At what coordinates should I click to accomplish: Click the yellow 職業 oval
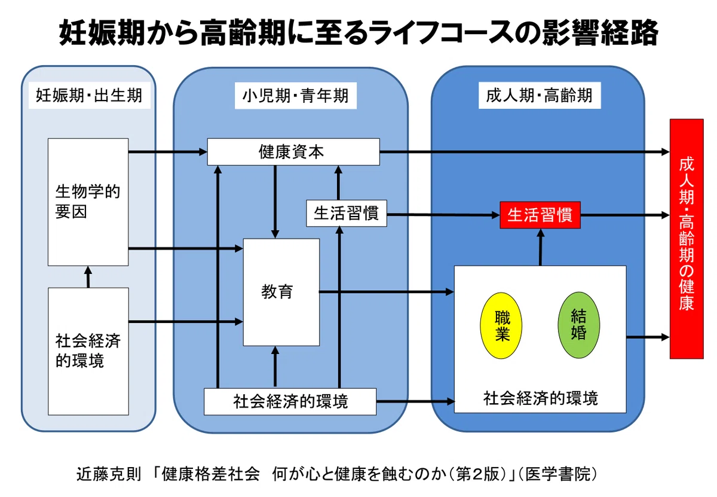point(501,325)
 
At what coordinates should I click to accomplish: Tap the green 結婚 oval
point(578,325)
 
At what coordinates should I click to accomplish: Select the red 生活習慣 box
point(540,215)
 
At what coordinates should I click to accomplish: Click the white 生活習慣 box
point(347,214)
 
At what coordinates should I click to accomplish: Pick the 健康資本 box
point(293,152)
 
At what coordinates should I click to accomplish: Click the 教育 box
point(281,292)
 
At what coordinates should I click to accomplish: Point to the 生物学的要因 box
point(88,202)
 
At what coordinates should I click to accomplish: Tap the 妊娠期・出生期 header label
point(89,96)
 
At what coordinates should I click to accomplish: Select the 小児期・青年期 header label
point(295,96)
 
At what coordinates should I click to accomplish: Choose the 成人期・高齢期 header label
point(540,96)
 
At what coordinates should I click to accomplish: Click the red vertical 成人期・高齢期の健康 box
point(687,239)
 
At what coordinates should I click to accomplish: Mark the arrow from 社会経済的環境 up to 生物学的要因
point(88,277)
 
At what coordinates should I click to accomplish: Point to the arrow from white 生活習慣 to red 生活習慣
point(443,215)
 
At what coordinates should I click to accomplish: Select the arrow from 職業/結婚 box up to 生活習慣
point(540,247)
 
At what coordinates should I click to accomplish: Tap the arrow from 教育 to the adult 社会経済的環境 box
point(387,292)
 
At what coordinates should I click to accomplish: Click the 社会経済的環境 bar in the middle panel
point(290,401)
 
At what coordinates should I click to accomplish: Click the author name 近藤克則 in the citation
point(109,474)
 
